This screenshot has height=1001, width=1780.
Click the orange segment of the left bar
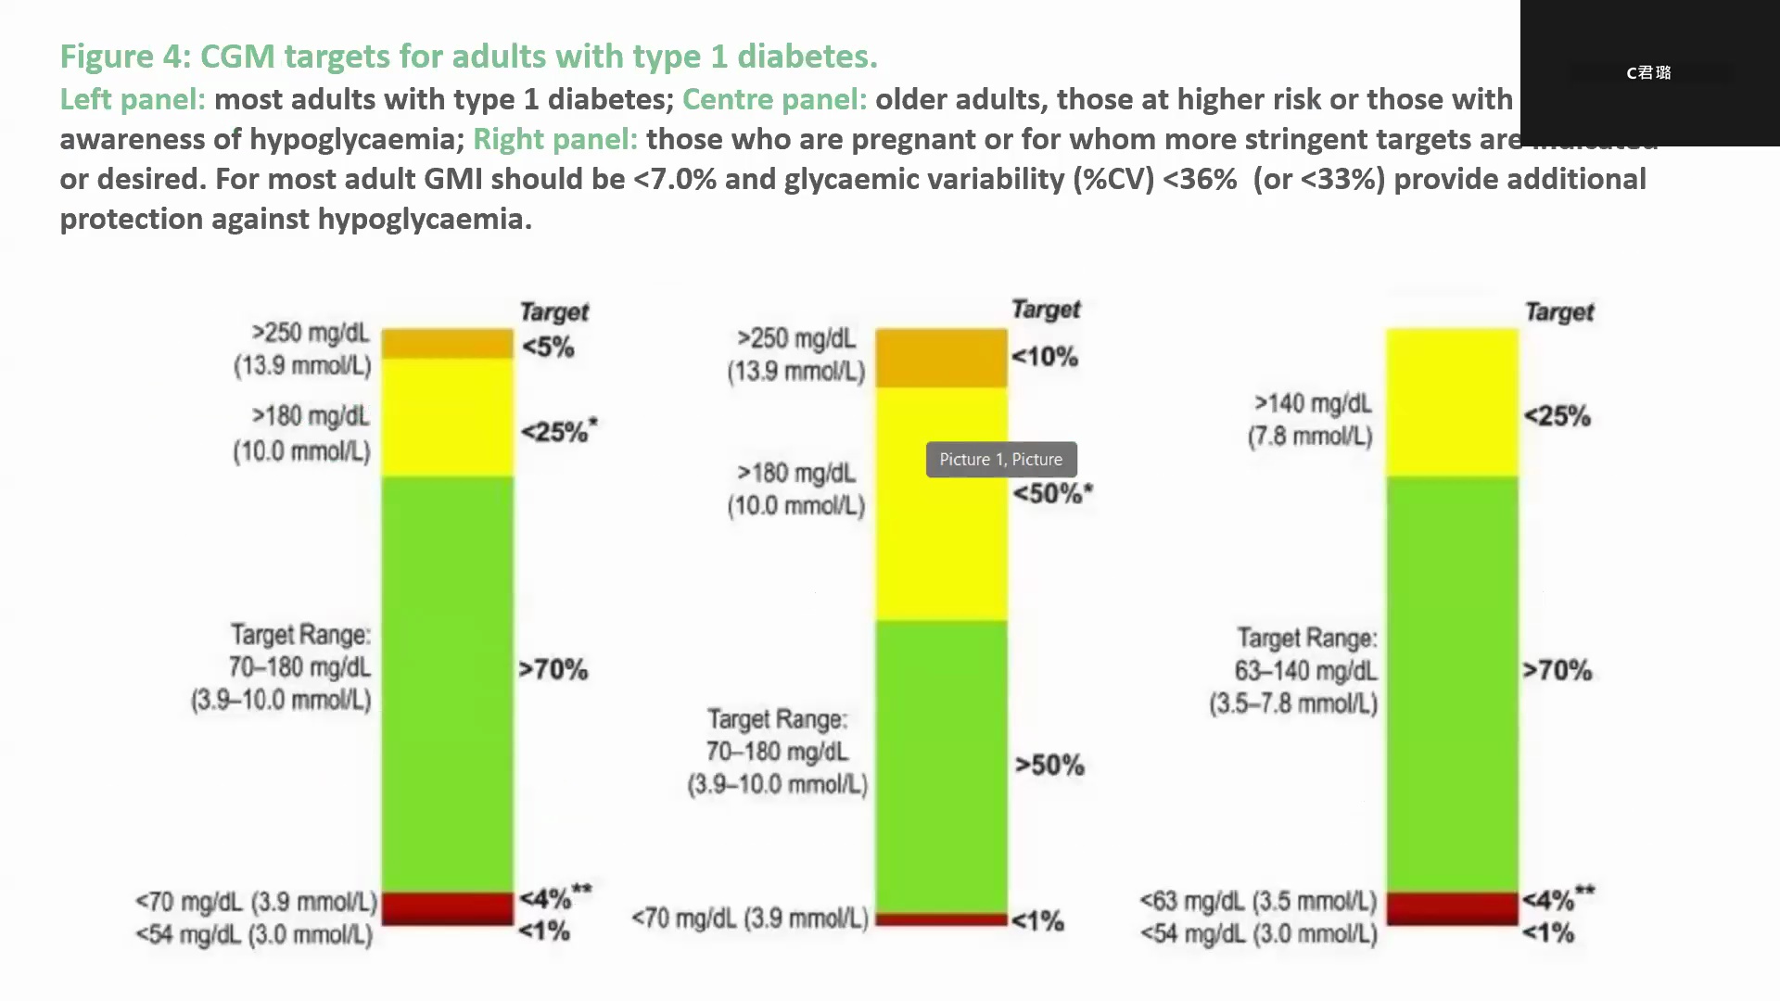click(x=447, y=344)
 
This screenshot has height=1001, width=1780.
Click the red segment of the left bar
click(x=447, y=908)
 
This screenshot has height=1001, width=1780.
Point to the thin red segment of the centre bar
click(x=941, y=919)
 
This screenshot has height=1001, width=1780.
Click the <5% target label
click(x=548, y=348)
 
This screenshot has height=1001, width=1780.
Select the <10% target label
click(x=1044, y=357)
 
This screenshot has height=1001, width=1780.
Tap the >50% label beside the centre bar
click(x=1049, y=766)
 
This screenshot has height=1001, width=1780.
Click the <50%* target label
click(x=1052, y=493)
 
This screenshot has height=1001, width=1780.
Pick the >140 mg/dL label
click(x=1312, y=404)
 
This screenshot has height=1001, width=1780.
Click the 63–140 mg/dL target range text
click(x=1305, y=671)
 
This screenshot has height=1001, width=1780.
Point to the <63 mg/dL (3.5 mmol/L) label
click(x=1258, y=901)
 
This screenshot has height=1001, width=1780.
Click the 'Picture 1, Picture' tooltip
click(x=1001, y=460)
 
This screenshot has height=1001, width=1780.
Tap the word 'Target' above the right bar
click(x=1559, y=312)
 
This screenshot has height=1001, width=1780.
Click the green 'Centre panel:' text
click(x=774, y=99)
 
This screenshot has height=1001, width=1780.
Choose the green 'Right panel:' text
click(x=555, y=139)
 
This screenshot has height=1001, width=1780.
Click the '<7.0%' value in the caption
click(x=675, y=179)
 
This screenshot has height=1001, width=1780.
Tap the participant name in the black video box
click(x=1648, y=72)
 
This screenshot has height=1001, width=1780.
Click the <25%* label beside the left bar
click(x=558, y=432)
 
